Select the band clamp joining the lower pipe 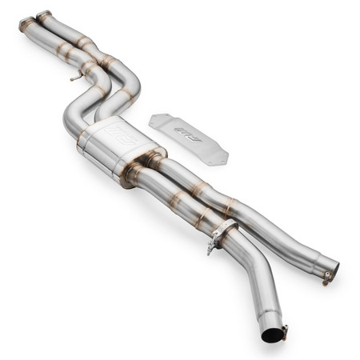[x=224, y=234]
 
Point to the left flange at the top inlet [x=26, y=24]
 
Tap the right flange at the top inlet [x=44, y=16]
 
